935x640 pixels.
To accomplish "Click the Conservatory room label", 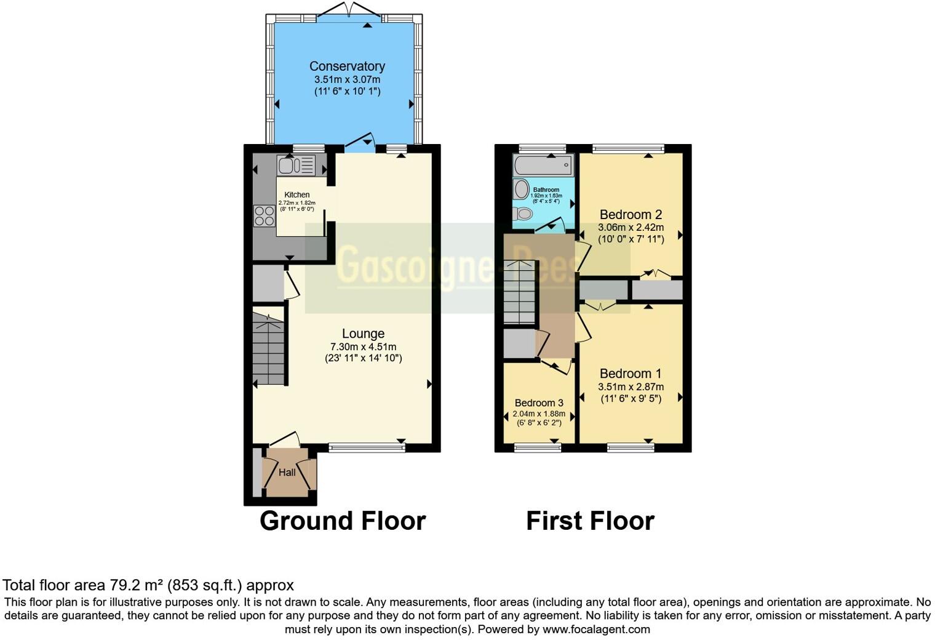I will pyautogui.click(x=347, y=66).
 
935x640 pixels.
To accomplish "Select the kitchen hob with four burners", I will pyautogui.click(x=265, y=216).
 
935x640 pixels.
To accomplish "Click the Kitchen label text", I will pyautogui.click(x=296, y=194).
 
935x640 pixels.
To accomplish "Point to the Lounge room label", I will pyautogui.click(x=363, y=334).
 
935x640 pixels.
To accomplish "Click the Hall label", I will pyautogui.click(x=287, y=473).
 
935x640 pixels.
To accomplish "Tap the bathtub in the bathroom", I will pyautogui.click(x=543, y=166).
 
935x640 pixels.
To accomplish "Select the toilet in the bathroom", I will pyautogui.click(x=523, y=214).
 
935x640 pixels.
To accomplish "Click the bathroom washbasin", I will pyautogui.click(x=521, y=188).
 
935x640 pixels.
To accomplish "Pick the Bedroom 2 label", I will pyautogui.click(x=631, y=214).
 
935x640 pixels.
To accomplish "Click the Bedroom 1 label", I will pyautogui.click(x=631, y=374).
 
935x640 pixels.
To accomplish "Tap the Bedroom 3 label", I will pyautogui.click(x=539, y=403).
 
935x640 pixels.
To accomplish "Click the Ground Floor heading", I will pyautogui.click(x=343, y=521).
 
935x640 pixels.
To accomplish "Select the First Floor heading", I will pyautogui.click(x=590, y=521).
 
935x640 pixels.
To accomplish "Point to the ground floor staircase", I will pyautogui.click(x=269, y=351).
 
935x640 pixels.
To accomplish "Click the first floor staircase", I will pyautogui.click(x=519, y=292).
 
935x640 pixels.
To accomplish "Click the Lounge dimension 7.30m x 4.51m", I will pyautogui.click(x=363, y=347).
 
